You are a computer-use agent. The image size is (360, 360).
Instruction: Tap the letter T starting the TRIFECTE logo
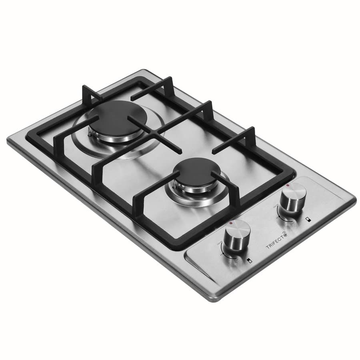[x=268, y=248]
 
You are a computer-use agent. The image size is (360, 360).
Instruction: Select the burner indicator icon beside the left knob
[x=250, y=260]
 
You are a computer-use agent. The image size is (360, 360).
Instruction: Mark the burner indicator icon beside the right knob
[x=306, y=219]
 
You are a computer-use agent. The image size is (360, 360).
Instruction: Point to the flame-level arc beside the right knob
[x=282, y=218]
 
